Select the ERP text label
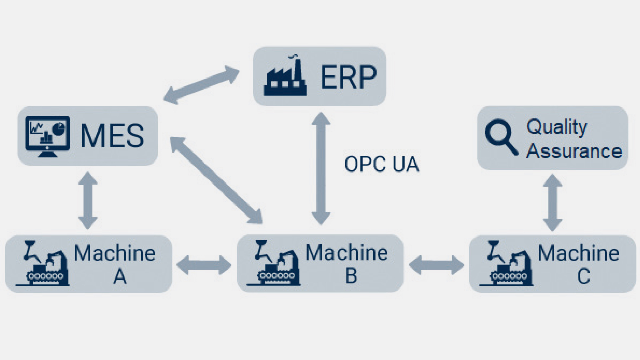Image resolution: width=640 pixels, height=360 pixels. point(348,77)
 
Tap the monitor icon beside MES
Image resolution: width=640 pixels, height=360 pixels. point(47,136)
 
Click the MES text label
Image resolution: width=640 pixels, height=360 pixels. point(112,136)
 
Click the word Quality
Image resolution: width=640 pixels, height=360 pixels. point(557,127)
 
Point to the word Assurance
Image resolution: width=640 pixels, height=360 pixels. point(574,151)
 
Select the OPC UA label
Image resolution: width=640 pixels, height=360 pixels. point(382,164)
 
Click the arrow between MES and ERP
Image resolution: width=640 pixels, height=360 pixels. point(201,85)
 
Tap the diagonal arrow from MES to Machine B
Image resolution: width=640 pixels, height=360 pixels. point(216,180)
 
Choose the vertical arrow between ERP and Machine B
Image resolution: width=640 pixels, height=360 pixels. point(321,169)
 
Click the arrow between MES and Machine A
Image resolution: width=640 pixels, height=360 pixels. point(88,200)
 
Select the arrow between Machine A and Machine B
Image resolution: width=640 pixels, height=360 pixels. point(204,265)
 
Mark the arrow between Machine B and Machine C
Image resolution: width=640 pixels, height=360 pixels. point(436,265)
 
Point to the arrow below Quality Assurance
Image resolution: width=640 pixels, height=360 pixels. point(553,203)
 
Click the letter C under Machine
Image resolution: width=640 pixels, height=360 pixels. point(583,276)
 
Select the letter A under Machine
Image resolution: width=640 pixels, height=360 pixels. point(120,276)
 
